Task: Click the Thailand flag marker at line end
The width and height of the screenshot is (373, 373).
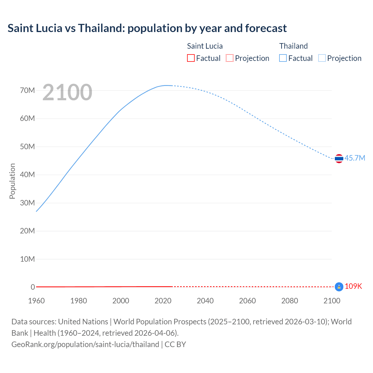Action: (339, 159)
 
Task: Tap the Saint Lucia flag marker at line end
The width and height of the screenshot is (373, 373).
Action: (339, 287)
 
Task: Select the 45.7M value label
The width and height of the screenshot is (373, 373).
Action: (355, 158)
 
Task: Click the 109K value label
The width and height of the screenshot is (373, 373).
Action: (353, 286)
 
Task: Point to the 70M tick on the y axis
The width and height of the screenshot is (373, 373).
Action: (27, 90)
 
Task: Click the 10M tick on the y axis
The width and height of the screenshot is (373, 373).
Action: (27, 259)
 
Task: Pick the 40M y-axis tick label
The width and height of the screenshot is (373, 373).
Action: (27, 175)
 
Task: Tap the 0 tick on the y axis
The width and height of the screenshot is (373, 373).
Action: (33, 287)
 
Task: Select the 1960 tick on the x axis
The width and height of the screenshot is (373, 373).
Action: (36, 301)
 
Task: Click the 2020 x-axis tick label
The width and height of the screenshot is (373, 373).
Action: (163, 301)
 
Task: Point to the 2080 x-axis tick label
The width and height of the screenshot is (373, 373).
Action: (289, 301)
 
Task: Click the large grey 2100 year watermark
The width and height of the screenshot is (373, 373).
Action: (67, 92)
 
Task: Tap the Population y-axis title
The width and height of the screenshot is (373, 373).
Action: (12, 181)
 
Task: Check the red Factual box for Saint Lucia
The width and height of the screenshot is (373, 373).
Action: (191, 58)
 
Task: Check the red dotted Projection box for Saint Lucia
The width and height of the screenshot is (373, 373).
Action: (230, 58)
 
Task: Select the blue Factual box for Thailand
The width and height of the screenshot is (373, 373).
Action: (283, 58)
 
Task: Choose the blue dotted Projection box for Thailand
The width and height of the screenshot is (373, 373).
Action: (322, 58)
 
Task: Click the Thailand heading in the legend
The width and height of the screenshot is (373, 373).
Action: (293, 46)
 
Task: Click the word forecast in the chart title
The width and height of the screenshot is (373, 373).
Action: (266, 28)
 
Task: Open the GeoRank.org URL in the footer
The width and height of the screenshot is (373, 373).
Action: (85, 344)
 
